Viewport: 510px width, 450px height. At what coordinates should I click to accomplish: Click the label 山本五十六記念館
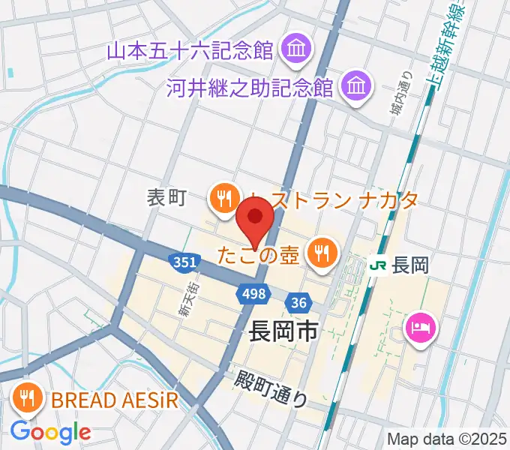click(x=190, y=51)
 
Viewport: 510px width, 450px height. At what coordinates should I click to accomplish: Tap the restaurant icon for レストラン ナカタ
click(x=223, y=199)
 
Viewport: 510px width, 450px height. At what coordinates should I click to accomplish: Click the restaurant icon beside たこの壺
click(x=322, y=253)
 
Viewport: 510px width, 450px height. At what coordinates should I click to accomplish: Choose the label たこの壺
click(x=259, y=253)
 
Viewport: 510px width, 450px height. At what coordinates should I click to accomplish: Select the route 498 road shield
click(x=253, y=294)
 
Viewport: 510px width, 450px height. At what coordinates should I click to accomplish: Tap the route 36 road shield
click(x=298, y=302)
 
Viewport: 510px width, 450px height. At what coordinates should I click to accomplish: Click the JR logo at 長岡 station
click(x=380, y=265)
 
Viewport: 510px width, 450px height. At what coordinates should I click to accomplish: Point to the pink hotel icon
click(x=418, y=327)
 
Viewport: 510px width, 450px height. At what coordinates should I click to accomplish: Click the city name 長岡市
click(x=283, y=330)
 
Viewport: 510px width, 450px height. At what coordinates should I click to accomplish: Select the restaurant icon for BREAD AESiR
click(x=28, y=398)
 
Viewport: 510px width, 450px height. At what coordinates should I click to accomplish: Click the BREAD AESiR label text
click(x=115, y=399)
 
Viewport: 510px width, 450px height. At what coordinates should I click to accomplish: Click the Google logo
click(x=51, y=432)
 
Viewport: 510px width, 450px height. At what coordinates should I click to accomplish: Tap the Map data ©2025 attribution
click(x=445, y=439)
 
